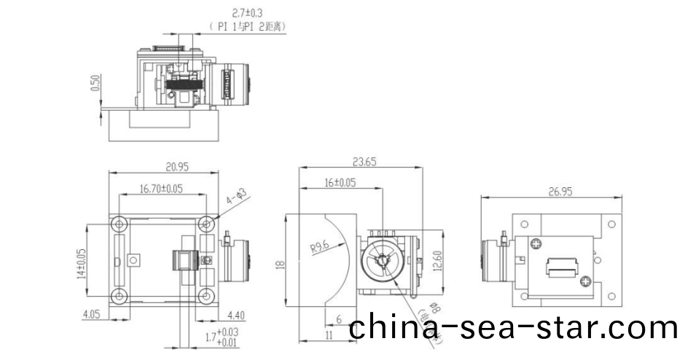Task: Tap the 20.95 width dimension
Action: click(x=165, y=167)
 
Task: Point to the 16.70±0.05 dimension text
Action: click(x=161, y=189)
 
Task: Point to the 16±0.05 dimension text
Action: click(x=340, y=183)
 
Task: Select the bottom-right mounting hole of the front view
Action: click(x=208, y=296)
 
